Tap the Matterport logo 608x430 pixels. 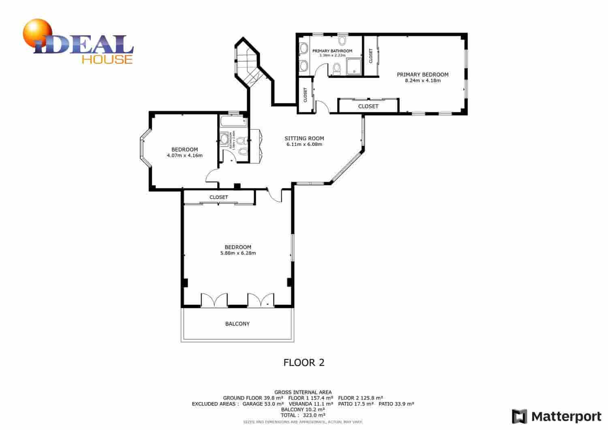557,416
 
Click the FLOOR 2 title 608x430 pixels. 304,362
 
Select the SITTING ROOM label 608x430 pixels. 304,139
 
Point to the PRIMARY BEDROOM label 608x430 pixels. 422,75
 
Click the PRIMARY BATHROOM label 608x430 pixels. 332,51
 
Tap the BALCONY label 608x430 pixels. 238,324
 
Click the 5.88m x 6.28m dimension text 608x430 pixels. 238,253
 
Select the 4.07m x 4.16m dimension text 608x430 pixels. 184,155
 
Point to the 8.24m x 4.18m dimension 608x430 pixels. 422,81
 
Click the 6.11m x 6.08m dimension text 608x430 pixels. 304,144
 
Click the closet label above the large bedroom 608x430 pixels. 219,197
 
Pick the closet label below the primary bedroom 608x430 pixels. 368,106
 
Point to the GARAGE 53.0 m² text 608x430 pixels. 259,404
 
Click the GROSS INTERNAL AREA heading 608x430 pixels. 303,392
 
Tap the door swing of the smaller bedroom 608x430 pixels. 212,178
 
